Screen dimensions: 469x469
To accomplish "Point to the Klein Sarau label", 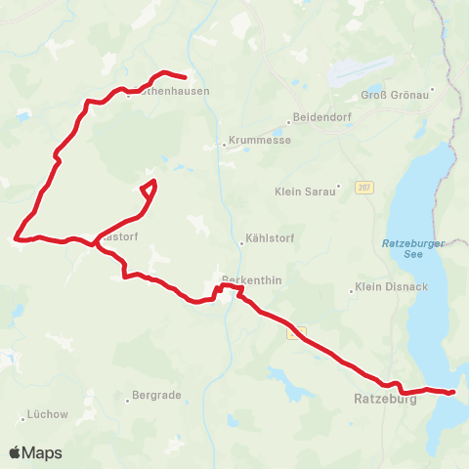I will tap(304, 192).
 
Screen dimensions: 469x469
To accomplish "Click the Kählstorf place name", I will tap(271, 242).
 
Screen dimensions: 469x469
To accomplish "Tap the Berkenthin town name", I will tap(252, 279).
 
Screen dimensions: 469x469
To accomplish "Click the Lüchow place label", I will tap(49, 414).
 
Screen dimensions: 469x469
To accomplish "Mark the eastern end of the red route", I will tap(453, 393).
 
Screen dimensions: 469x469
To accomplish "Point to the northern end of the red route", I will tap(186, 76).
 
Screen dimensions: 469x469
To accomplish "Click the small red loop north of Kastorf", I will tap(149, 190).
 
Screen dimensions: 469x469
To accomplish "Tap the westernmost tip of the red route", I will tap(15, 236).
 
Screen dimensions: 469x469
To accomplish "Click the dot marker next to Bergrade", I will tap(128, 398).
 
